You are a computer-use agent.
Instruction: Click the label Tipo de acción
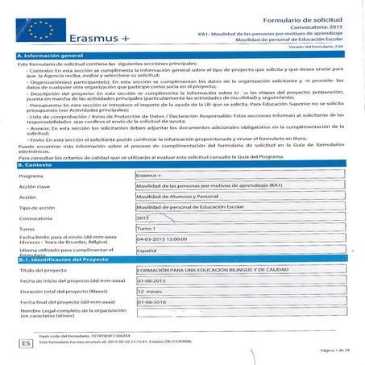coord(40,207)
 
